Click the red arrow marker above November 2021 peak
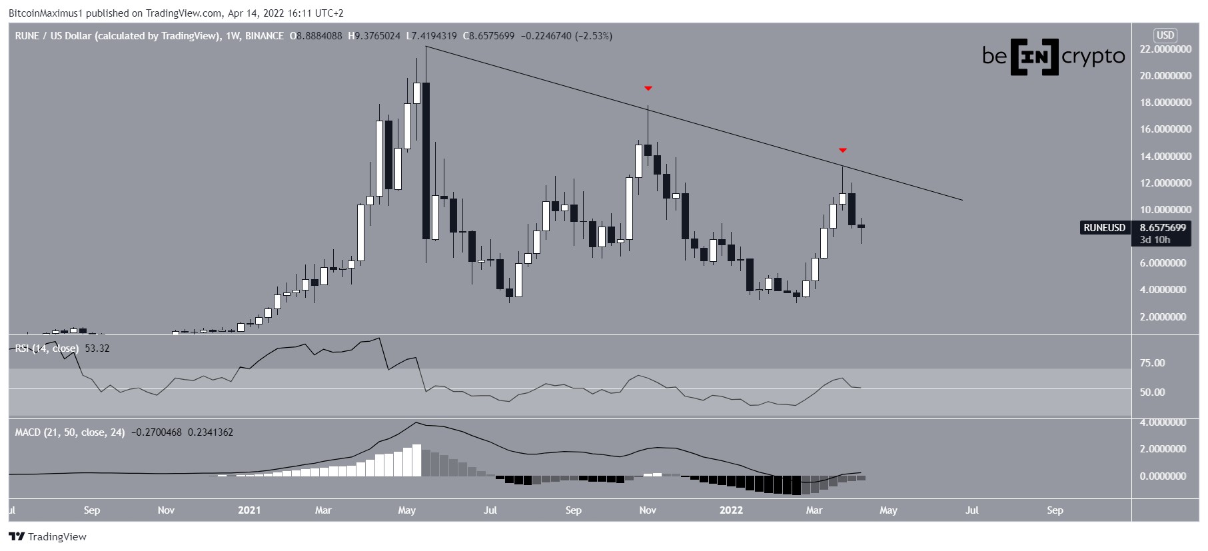pos(648,88)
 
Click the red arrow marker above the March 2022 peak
pos(842,150)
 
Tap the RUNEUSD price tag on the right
pos(1104,228)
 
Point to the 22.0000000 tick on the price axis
pos(1165,49)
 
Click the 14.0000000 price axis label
pos(1165,157)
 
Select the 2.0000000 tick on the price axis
pos(1165,317)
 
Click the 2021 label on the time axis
pos(249,510)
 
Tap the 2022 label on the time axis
pos(731,510)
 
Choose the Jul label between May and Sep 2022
pos(971,510)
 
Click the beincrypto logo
pos(1053,57)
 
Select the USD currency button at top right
pos(1165,35)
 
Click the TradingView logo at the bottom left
pos(48,536)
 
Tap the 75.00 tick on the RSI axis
pos(1152,363)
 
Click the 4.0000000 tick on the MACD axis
pos(1163,422)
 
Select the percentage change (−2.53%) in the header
pos(592,36)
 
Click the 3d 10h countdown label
pos(1155,240)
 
